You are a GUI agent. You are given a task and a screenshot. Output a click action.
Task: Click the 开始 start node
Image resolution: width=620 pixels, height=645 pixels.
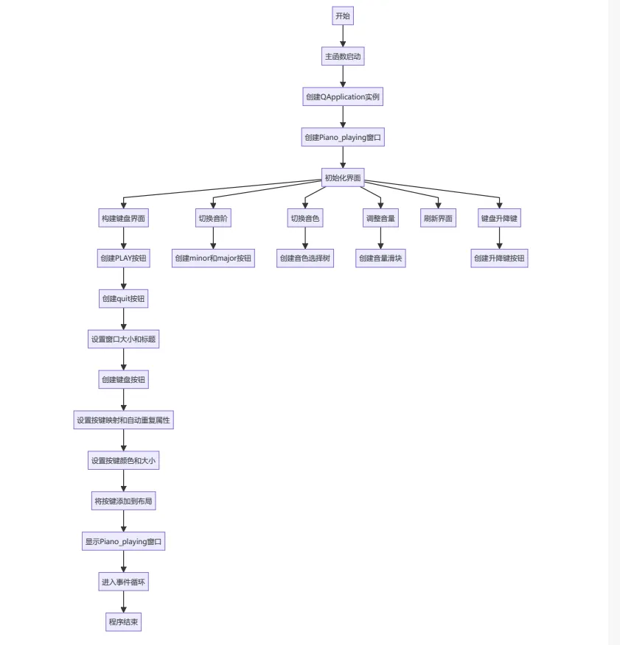coord(343,15)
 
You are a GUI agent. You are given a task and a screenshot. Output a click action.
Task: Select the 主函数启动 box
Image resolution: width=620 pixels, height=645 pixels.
coord(343,56)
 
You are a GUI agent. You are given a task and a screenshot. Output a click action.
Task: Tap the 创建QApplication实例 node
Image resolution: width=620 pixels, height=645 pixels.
coord(343,96)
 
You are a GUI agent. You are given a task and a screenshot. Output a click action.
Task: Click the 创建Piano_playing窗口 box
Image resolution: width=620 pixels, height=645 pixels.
coord(343,137)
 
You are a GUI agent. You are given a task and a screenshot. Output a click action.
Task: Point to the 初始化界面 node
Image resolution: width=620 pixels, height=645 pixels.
coord(343,177)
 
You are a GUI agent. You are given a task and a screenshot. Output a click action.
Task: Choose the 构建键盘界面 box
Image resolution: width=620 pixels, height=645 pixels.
coord(123,218)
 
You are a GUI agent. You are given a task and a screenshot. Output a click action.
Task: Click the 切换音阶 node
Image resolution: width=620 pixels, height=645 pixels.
coord(213,218)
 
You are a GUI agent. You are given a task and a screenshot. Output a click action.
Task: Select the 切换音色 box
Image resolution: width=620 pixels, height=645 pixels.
coord(305,218)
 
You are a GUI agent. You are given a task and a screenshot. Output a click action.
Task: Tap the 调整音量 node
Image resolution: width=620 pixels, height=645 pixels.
coord(380,218)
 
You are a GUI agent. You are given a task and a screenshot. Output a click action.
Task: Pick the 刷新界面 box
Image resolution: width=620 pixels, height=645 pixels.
coord(438,218)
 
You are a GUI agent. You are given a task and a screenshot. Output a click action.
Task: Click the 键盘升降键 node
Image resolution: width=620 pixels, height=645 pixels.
coord(499,218)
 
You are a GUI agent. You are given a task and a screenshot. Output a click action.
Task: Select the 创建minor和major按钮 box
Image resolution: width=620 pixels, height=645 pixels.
coord(213,258)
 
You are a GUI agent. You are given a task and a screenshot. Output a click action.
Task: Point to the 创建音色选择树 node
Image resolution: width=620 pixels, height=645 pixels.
coord(305,258)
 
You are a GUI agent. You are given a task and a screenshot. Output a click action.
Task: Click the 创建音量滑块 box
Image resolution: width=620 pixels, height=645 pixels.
coord(380,258)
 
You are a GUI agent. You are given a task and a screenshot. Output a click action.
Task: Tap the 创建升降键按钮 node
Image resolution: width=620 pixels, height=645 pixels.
coord(499,258)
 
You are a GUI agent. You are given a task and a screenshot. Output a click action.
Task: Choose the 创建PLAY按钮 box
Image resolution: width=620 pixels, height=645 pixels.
coord(123,258)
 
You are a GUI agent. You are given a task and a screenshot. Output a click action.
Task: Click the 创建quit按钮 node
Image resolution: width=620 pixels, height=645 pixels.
coord(123,299)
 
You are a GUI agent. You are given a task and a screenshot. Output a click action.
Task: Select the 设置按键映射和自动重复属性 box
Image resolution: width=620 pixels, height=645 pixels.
coord(123,420)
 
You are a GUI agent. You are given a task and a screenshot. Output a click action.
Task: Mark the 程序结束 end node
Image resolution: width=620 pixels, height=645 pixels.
coord(123,622)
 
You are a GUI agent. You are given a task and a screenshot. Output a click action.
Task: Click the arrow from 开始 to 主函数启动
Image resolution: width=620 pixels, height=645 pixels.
coord(343,36)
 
